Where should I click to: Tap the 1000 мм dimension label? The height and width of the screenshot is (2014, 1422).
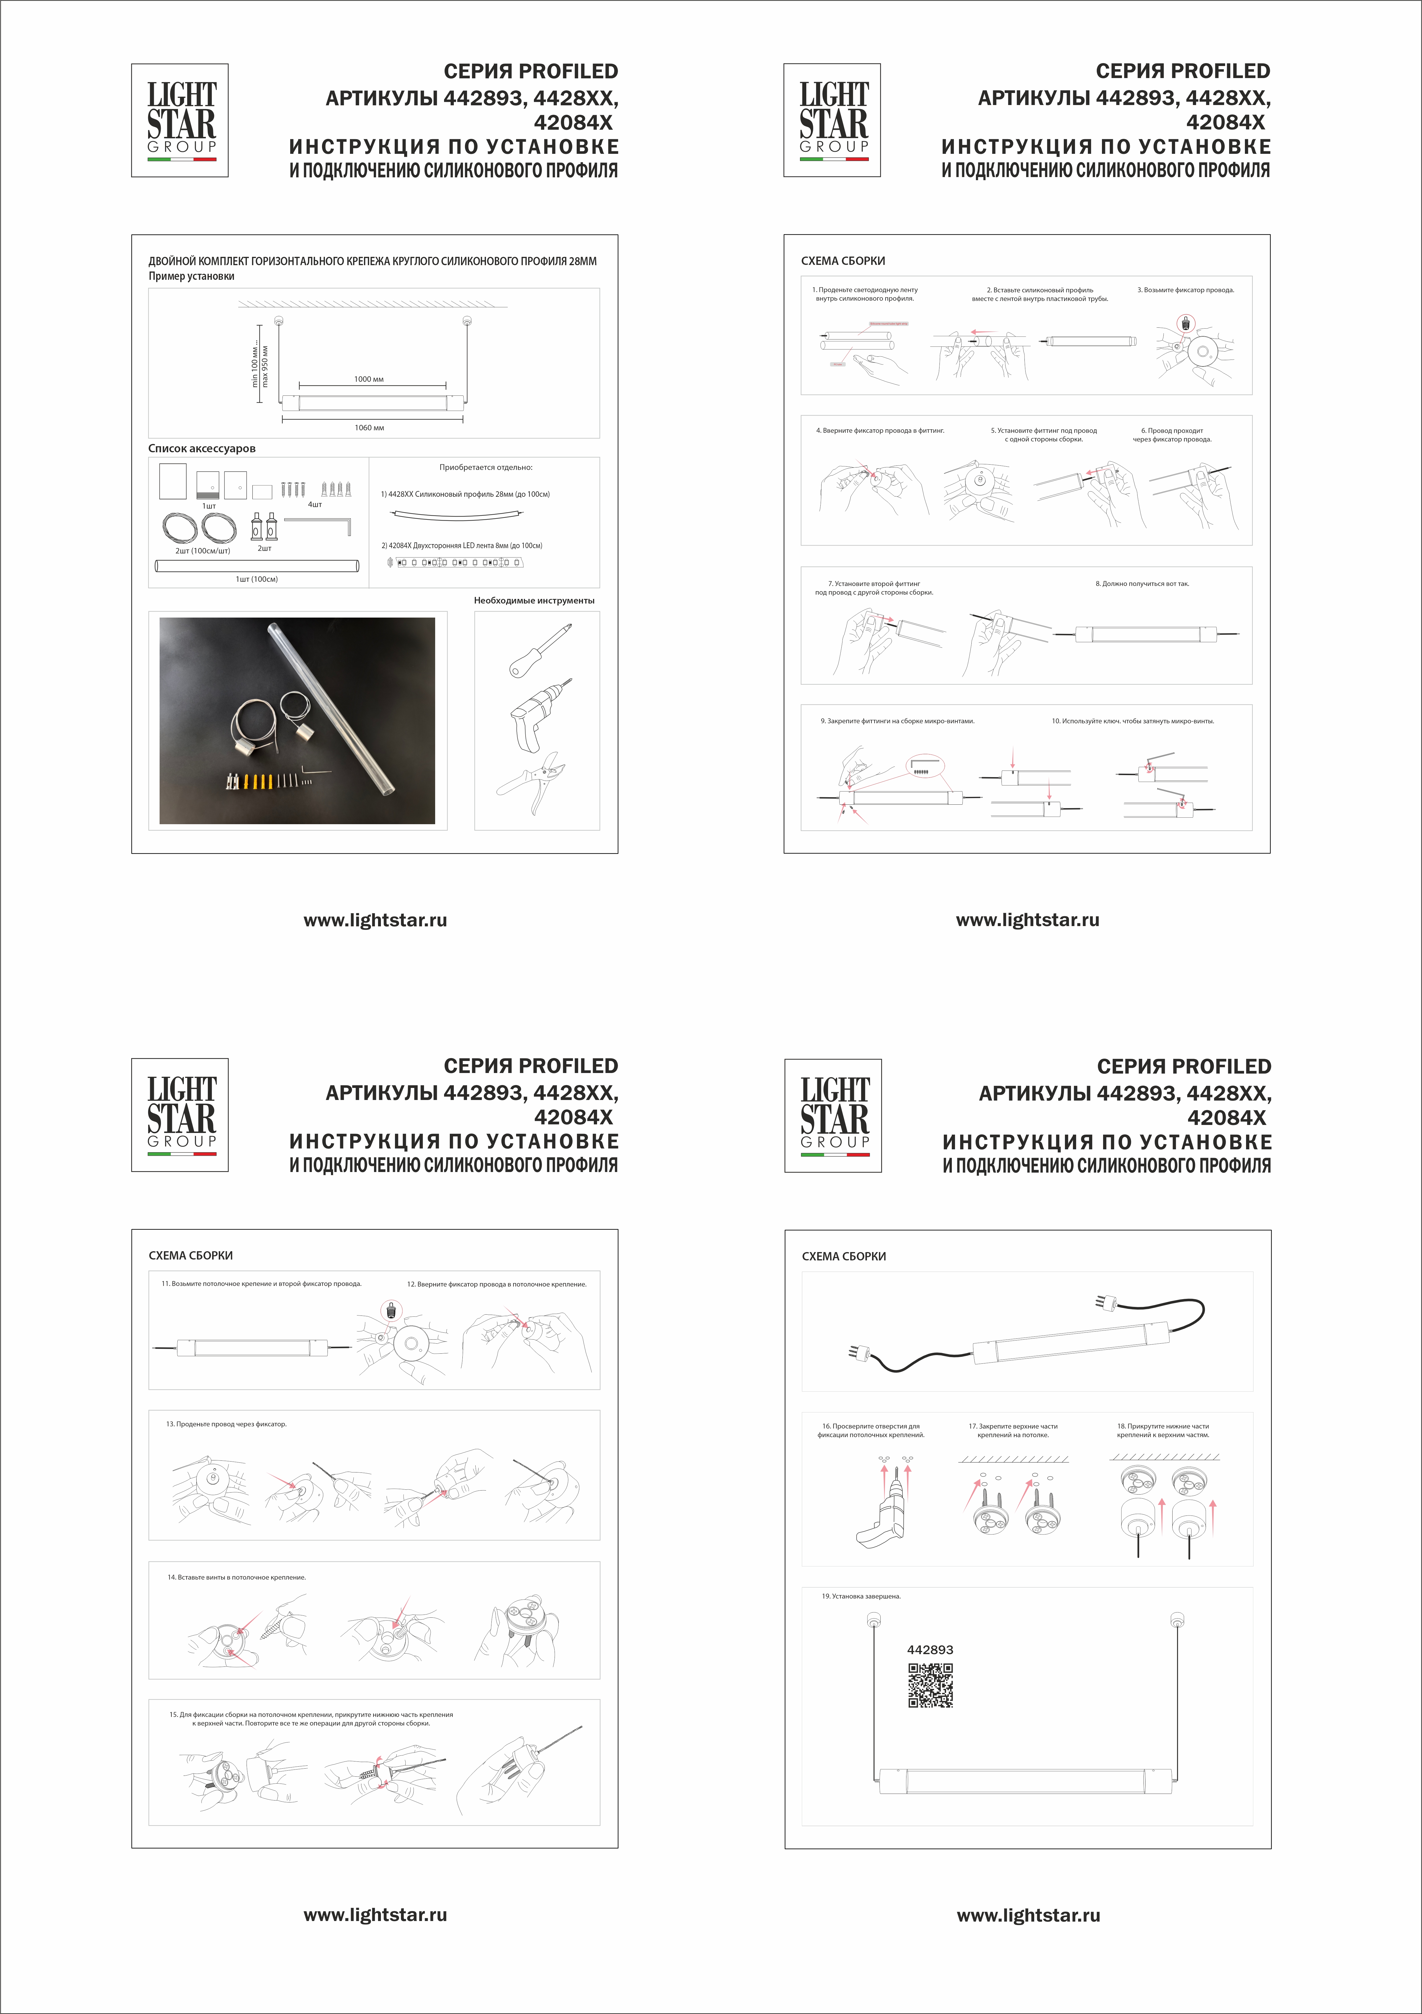pos(369,379)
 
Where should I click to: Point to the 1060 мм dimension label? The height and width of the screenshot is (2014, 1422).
pos(369,428)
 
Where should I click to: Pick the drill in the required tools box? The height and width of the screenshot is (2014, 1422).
pos(537,715)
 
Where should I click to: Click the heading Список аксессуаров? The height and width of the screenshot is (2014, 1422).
pos(202,448)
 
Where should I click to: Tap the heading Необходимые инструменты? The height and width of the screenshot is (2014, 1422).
pos(534,601)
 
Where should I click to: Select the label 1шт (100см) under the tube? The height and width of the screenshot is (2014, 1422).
pos(256,579)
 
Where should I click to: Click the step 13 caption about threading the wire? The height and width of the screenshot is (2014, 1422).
pos(226,1424)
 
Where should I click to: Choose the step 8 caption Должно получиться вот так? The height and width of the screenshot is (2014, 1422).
pos(1142,583)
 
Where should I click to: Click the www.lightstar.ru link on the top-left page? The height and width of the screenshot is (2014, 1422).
pos(375,920)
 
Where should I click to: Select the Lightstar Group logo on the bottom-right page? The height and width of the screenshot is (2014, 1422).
pos(833,1115)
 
